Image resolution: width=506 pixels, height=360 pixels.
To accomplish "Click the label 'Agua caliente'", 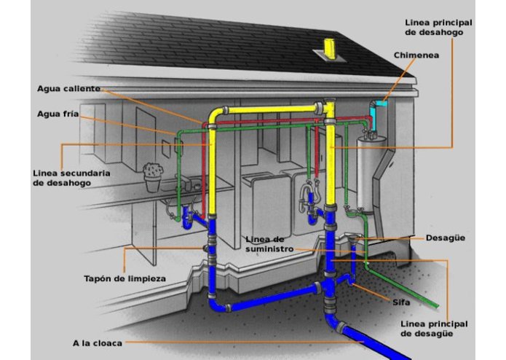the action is (68, 88).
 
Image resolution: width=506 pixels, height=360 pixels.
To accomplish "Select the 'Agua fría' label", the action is (58, 114).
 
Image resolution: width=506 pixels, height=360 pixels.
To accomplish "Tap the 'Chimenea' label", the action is (416, 55).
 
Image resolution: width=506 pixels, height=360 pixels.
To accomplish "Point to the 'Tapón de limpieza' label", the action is (125, 278).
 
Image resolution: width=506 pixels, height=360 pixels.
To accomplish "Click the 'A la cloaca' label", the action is (98, 343).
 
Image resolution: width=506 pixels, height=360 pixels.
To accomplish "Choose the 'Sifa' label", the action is (401, 302).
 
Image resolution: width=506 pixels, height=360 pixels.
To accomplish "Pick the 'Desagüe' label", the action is (446, 238).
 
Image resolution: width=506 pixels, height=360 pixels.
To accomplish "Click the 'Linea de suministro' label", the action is (269, 244).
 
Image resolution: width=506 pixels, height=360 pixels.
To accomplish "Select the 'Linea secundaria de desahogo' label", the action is (71, 178).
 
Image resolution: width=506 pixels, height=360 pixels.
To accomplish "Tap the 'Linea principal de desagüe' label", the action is (434, 329).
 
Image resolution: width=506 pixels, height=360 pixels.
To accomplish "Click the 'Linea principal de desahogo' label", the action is (438, 28).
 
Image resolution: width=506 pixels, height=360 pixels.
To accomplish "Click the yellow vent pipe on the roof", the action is (330, 49).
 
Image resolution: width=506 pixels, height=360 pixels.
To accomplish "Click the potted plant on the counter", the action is (153, 177).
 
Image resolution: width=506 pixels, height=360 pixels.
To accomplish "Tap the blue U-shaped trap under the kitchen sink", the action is (188, 218).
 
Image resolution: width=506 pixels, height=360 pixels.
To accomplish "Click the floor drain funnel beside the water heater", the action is (354, 239).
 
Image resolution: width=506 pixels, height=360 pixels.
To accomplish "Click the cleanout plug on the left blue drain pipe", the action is (205, 248).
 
